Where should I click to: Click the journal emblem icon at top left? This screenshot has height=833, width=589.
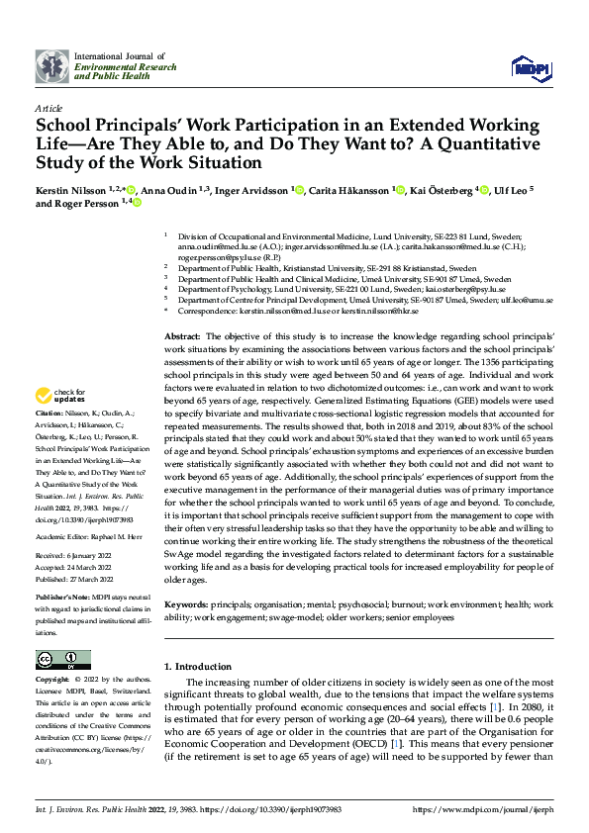click(x=52, y=66)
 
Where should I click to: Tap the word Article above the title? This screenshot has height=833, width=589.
click(x=48, y=107)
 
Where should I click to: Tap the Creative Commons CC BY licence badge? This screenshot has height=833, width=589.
click(x=62, y=659)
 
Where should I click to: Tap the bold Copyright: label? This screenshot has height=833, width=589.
click(x=52, y=681)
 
